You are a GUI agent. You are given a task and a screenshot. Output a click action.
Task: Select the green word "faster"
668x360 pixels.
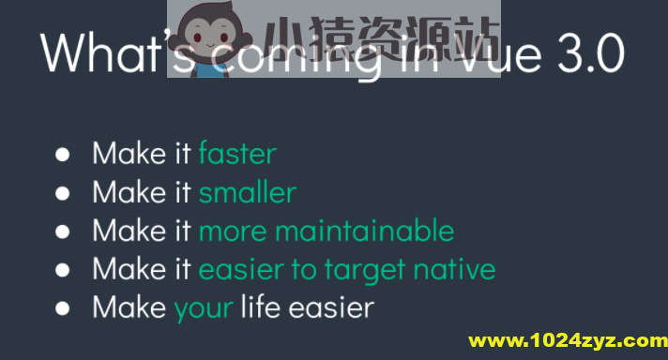pos(237,153)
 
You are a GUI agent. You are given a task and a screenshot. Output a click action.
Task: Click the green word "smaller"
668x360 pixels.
pos(247,192)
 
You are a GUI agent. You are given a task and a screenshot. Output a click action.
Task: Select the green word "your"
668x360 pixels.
pos(204,308)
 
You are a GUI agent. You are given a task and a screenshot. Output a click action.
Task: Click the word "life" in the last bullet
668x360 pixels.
pos(257,307)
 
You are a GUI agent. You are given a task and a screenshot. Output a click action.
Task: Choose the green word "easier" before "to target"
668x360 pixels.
pos(242,269)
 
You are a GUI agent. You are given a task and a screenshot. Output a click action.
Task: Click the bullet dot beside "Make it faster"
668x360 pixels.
pos(64,154)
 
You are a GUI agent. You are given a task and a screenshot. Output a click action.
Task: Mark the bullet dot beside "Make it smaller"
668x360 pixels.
pos(64,193)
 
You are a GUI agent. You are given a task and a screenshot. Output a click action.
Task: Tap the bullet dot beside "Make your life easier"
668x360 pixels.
pos(64,307)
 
